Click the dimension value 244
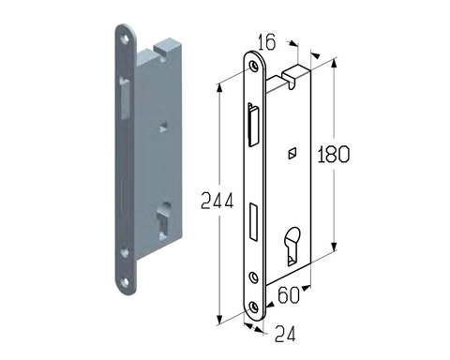coord(217,201)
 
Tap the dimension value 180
coord(333,154)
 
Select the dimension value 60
coord(289,295)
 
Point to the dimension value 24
coord(285,334)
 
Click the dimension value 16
coord(267,42)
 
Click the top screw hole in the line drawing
coord(253,66)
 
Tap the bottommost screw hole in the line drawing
coord(253,307)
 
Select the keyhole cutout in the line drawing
coord(292,246)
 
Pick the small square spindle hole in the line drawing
coord(292,153)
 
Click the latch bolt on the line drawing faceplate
coord(253,125)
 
